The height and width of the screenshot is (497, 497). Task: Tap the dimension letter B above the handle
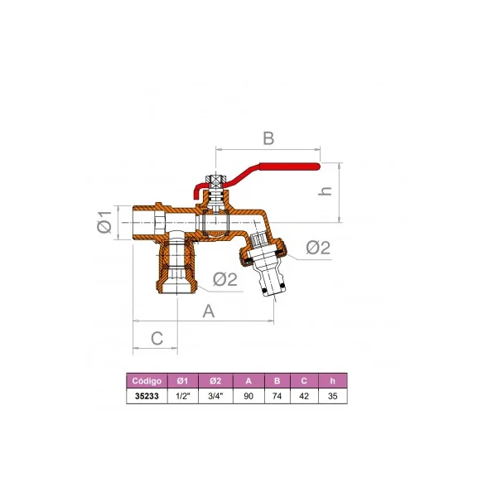coord(268,138)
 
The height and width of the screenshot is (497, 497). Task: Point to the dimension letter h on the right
coord(325,191)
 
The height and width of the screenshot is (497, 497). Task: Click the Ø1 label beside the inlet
coord(104,222)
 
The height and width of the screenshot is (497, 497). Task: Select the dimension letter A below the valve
coord(209,311)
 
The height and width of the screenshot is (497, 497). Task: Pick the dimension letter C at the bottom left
coord(157,338)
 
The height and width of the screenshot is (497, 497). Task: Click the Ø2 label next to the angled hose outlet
coord(318,247)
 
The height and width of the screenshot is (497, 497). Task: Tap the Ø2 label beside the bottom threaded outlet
coord(225,279)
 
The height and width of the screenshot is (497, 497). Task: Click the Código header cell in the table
coord(147,381)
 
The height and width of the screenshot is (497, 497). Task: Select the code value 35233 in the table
coord(147,396)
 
